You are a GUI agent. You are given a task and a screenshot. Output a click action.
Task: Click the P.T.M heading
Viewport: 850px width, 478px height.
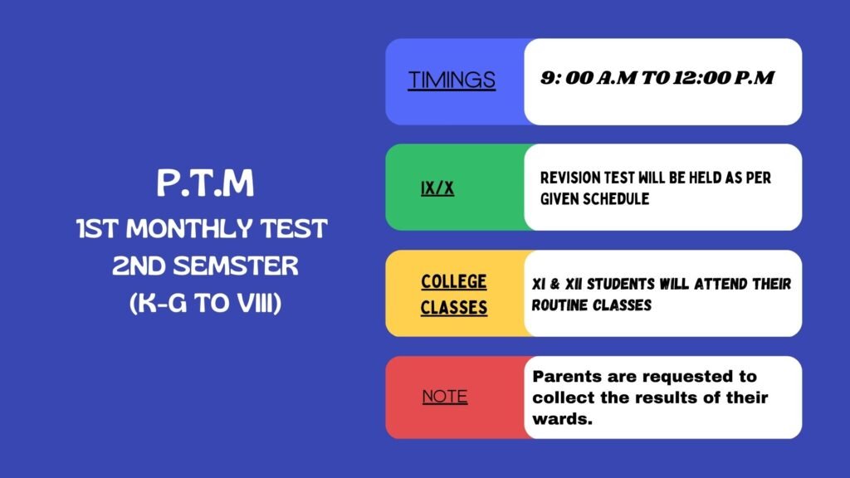tap(205, 183)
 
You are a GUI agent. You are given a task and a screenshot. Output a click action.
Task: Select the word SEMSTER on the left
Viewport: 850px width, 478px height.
tap(236, 266)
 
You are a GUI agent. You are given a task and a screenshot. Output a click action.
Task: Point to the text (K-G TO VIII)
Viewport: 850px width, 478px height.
tap(206, 303)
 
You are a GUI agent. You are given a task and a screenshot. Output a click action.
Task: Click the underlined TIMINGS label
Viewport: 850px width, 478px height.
tap(452, 80)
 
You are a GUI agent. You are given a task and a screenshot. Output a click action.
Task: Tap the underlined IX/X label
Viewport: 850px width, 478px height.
tap(437, 188)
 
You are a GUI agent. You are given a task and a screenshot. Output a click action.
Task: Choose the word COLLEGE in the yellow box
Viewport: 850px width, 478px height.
tap(454, 282)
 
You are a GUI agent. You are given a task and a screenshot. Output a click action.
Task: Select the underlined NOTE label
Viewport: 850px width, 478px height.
tap(445, 396)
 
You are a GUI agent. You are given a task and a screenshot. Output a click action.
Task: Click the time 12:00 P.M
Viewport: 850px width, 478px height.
tap(724, 78)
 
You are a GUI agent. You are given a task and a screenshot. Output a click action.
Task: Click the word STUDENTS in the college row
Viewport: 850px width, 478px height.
tap(620, 284)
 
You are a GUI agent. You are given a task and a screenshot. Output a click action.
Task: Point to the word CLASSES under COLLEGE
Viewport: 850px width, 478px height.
tap(454, 308)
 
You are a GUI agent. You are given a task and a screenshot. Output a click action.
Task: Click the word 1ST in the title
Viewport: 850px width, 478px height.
tap(97, 229)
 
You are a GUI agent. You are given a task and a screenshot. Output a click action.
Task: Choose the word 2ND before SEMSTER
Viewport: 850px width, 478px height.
tap(139, 266)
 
